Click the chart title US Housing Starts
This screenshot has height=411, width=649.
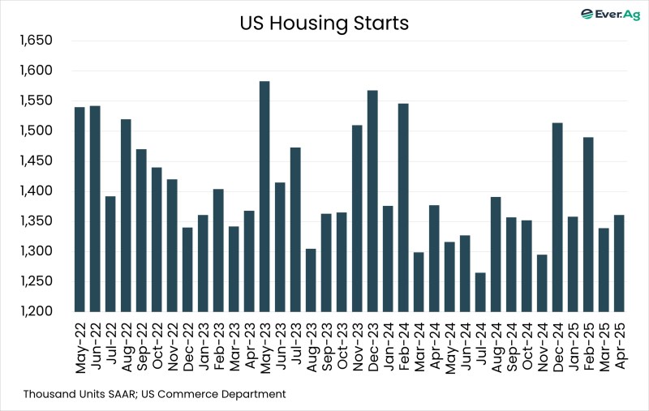pos(324,24)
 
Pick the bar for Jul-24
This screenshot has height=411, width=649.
pos(480,292)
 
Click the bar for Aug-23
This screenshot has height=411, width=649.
pos(311,280)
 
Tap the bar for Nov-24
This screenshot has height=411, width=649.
pos(542,283)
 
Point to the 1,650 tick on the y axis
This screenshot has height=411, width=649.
pos(35,41)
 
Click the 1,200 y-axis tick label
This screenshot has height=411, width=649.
pos(35,311)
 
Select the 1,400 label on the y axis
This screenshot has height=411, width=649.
pos(35,191)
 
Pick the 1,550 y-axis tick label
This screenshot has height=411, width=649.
pos(35,101)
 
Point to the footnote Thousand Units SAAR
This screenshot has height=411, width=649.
pos(81,394)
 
